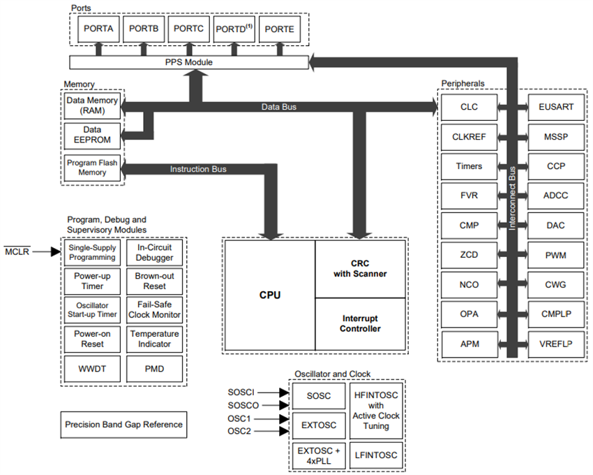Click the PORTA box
[98, 29]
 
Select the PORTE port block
[280, 29]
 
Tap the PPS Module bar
[189, 62]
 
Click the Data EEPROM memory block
[92, 135]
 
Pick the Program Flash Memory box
[92, 168]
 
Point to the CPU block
[269, 295]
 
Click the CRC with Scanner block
[360, 269]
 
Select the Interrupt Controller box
[360, 323]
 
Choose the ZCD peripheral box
[470, 255]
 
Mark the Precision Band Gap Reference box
[123, 424]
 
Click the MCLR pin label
[17, 251]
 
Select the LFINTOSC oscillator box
[375, 455]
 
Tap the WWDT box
[92, 367]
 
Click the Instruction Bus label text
[198, 169]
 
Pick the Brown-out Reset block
[155, 281]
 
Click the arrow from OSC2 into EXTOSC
[282, 431]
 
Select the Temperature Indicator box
[155, 339]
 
